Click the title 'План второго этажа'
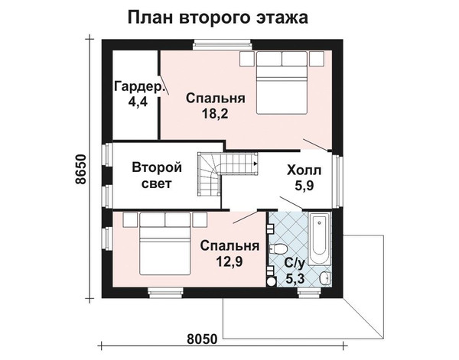218,18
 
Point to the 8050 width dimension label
202,339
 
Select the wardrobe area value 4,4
138,102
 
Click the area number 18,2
215,113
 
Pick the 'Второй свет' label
157,176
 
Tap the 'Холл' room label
304,170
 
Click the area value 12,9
229,261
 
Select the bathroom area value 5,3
295,279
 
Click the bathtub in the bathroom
319,238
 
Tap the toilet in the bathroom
278,249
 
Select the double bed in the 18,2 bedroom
282,83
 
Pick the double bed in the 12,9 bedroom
164,244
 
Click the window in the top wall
223,44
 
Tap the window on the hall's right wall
337,180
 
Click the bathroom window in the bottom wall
310,293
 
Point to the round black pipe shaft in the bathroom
271,282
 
